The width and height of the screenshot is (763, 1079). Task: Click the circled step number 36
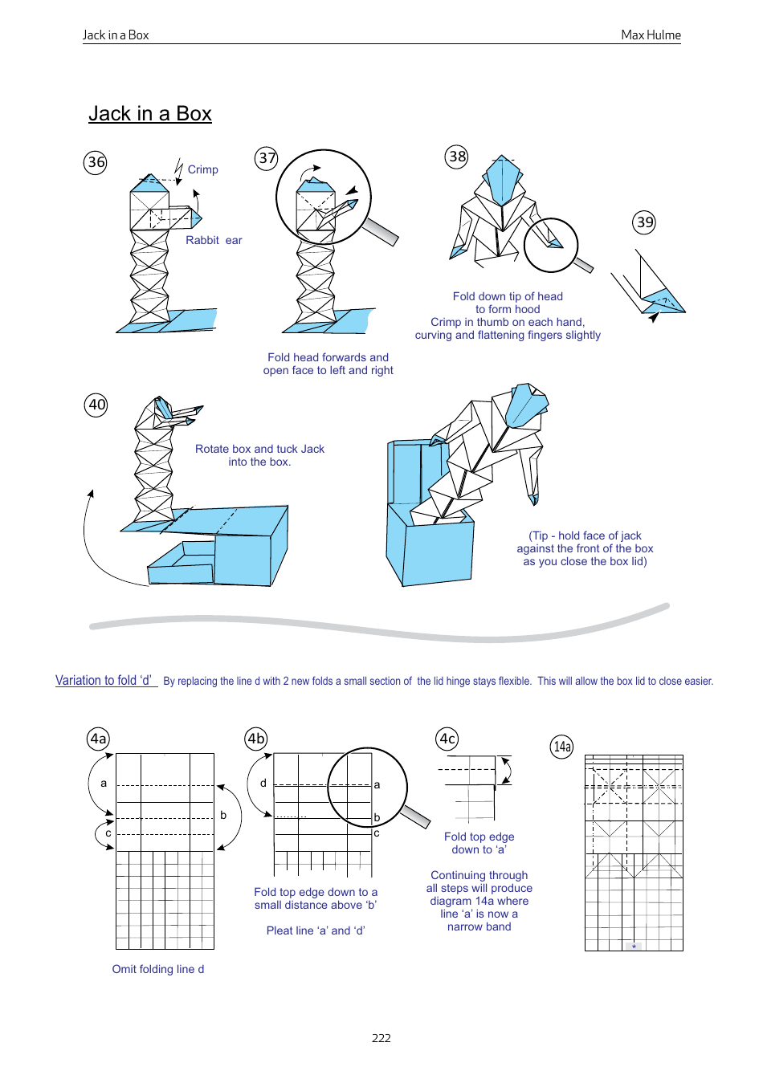pyautogui.click(x=96, y=162)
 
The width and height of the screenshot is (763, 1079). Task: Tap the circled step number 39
pyautogui.click(x=644, y=222)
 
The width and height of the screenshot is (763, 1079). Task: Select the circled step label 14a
pyautogui.click(x=562, y=747)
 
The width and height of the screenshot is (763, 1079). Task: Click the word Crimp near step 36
pyautogui.click(x=202, y=169)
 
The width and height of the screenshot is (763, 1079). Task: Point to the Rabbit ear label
pyautogui.click(x=214, y=240)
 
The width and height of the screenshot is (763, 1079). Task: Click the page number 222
pyautogui.click(x=381, y=1037)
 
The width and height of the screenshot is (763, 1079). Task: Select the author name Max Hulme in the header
pyautogui.click(x=651, y=35)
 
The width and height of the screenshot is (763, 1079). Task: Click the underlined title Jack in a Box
pyautogui.click(x=150, y=114)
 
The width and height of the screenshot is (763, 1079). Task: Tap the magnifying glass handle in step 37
pyautogui.click(x=381, y=232)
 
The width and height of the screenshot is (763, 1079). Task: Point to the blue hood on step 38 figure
pyautogui.click(x=503, y=178)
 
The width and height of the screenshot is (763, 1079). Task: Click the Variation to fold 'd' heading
pyautogui.click(x=104, y=680)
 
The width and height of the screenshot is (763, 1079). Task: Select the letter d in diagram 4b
pyautogui.click(x=263, y=783)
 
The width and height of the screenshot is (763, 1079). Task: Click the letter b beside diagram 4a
pyautogui.click(x=223, y=815)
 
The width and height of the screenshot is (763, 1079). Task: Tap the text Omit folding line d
pyautogui.click(x=158, y=969)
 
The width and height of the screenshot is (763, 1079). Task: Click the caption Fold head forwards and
pyautogui.click(x=328, y=357)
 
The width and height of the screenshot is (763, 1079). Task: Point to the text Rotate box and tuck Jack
pyautogui.click(x=259, y=449)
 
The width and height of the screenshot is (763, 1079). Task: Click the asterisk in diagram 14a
pyautogui.click(x=634, y=947)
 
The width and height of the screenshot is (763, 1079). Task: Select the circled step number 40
pyautogui.click(x=96, y=405)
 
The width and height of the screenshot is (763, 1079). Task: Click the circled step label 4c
pyautogui.click(x=447, y=739)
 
